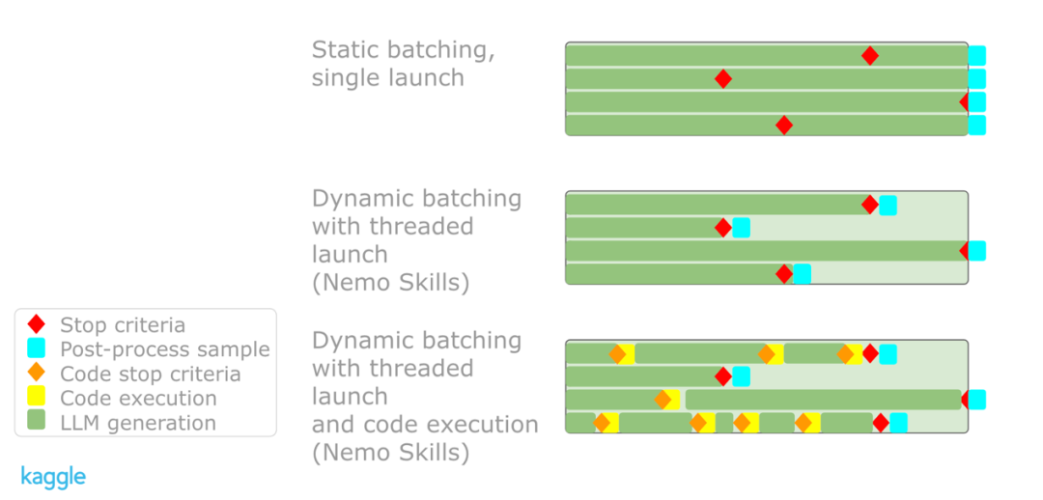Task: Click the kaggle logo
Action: coord(53,478)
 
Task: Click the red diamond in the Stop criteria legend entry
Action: coord(37,325)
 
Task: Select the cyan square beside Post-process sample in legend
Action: coord(37,349)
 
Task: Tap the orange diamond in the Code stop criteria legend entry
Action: coord(37,374)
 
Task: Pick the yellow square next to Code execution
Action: coord(37,398)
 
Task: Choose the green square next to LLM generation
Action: coord(37,422)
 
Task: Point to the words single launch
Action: coord(388,78)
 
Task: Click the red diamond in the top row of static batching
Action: coord(869,56)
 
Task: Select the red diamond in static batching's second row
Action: coord(723,79)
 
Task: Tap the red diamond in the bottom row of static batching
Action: coord(784,125)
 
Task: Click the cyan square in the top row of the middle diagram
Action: coord(888,206)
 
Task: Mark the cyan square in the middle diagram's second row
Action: coord(741,228)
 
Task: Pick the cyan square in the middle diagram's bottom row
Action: coord(803,274)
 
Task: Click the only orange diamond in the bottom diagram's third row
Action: coord(662,400)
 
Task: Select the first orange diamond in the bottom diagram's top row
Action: coord(618,354)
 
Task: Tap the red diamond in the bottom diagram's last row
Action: coord(881,422)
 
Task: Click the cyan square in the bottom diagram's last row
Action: coord(899,422)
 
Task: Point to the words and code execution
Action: coord(425,424)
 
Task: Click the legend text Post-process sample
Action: coord(165,349)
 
